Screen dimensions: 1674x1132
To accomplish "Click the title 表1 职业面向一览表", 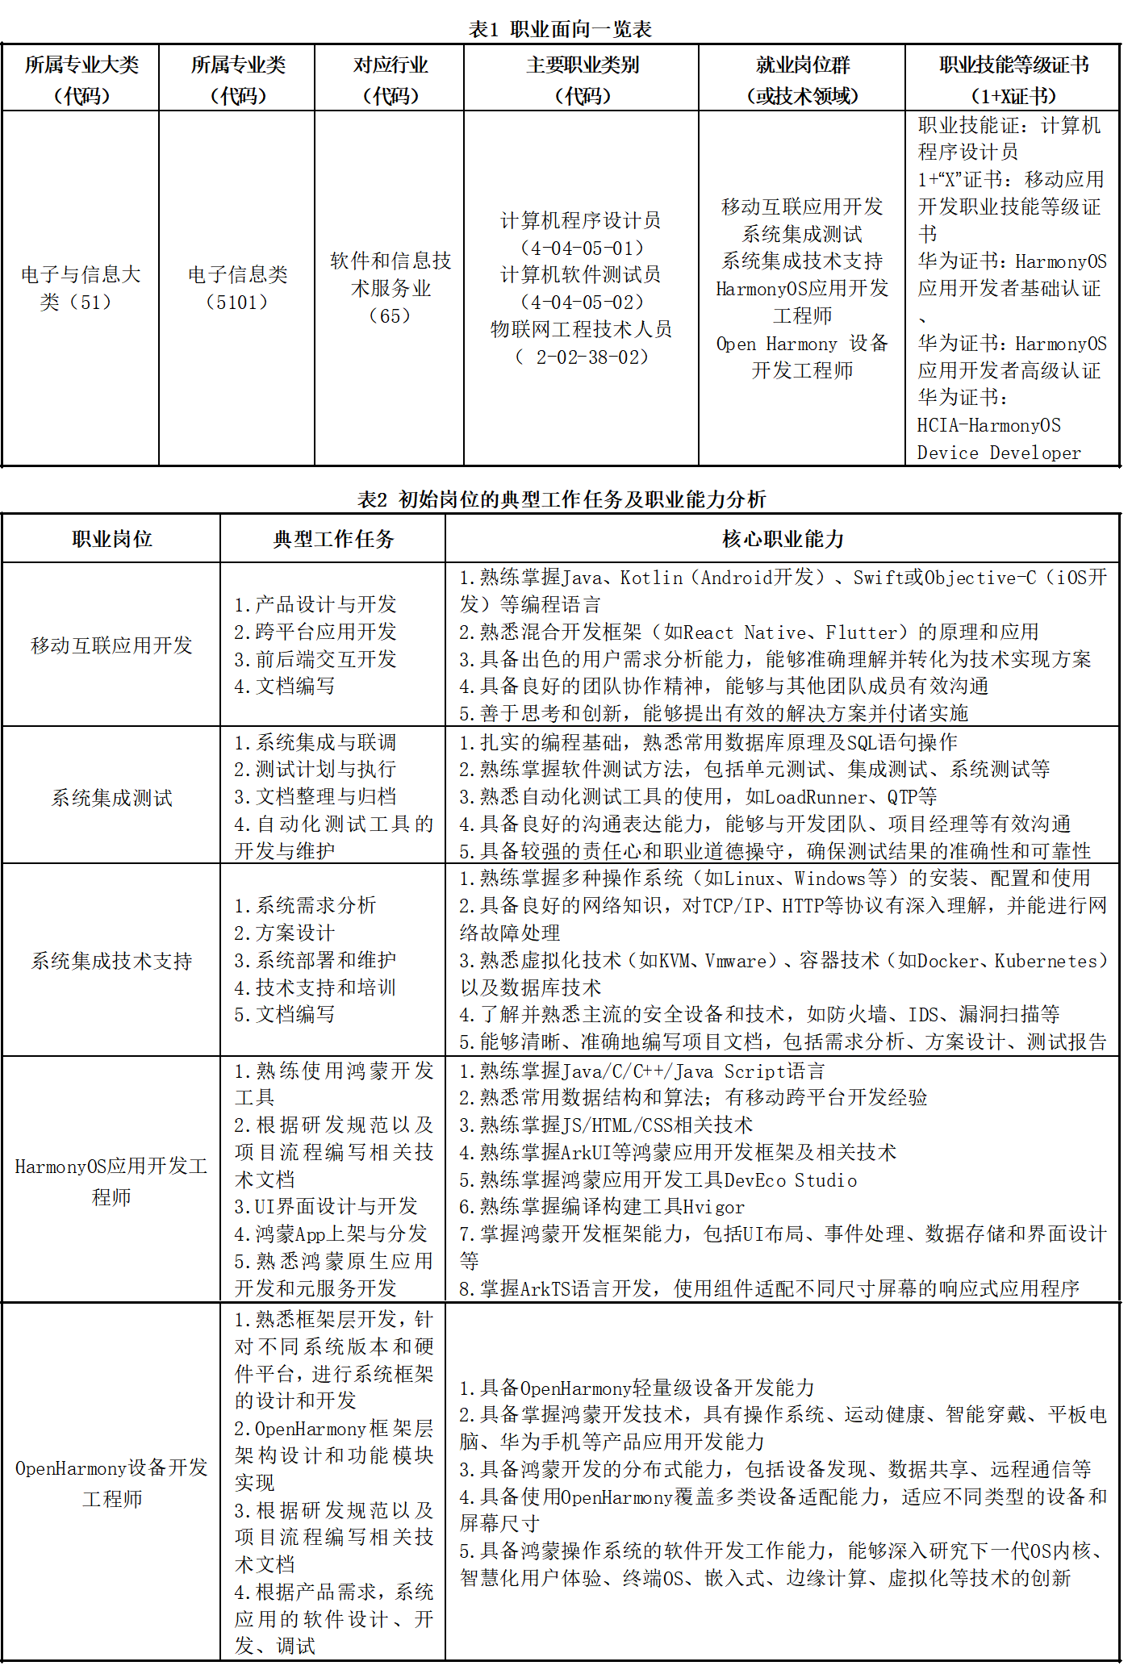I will (560, 30).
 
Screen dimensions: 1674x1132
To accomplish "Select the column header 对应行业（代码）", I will (390, 79).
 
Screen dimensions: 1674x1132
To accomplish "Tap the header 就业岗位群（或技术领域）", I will (802, 79).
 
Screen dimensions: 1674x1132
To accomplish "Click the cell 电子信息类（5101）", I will (237, 288).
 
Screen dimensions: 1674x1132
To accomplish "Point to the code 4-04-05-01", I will (582, 248).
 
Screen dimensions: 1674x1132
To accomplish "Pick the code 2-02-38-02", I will (591, 357).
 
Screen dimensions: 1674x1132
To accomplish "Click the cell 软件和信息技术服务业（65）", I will (390, 288).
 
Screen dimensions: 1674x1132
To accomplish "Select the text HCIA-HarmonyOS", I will (988, 425).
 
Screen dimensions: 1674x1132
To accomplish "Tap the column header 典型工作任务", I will (332, 539).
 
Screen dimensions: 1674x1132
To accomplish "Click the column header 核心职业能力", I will (782, 539).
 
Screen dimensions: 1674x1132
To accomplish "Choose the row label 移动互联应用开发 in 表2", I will (111, 645).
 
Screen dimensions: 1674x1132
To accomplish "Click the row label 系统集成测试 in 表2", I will (111, 798).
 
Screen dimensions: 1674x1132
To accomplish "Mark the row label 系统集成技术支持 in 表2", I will (111, 961).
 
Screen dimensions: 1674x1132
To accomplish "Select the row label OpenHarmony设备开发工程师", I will (111, 1483).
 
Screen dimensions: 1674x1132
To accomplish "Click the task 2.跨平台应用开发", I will (315, 632).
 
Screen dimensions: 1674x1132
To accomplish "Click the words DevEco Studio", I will (790, 1180).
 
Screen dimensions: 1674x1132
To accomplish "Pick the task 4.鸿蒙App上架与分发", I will (330, 1234).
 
